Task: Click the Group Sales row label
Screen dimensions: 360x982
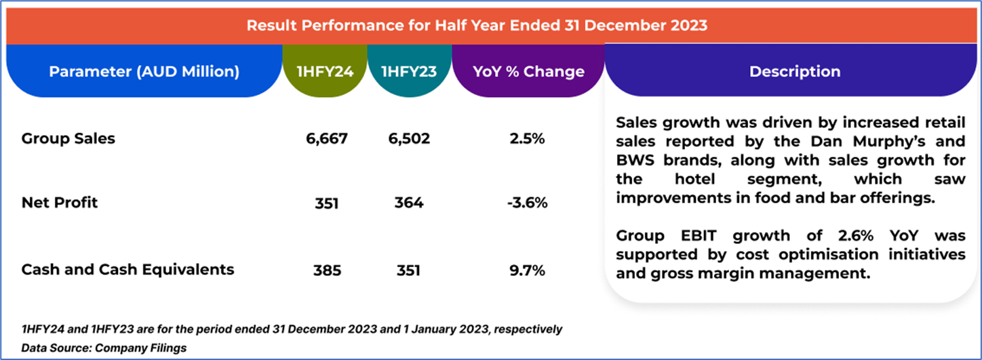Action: pos(68,139)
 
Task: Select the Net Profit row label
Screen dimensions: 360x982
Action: pos(60,203)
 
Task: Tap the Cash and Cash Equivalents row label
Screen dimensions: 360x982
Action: pos(127,270)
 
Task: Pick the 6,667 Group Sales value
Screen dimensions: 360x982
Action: pos(327,139)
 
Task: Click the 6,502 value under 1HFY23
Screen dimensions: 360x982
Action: pos(409,139)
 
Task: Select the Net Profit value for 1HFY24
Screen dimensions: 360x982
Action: pos(327,203)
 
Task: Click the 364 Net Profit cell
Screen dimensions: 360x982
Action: pos(409,203)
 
